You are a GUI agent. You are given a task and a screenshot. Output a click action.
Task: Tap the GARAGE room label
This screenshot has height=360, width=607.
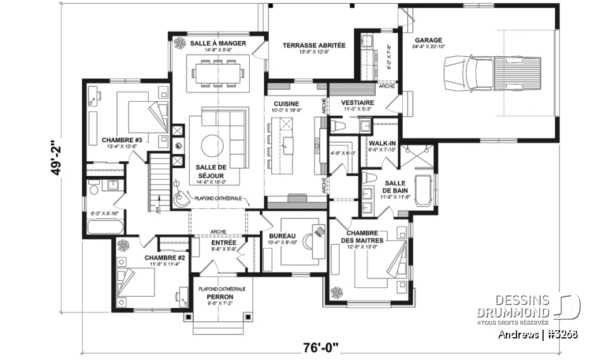[429, 40]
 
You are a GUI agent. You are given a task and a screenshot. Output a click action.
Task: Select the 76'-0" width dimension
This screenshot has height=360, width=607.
[321, 346]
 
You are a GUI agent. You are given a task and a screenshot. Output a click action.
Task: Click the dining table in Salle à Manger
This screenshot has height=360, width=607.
[218, 71]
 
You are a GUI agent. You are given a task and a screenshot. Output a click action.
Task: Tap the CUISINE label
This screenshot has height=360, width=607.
[286, 104]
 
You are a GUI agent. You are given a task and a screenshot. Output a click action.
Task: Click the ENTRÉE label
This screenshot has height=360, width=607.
[224, 242]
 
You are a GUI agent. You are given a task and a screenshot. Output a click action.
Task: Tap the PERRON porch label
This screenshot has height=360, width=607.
[221, 297]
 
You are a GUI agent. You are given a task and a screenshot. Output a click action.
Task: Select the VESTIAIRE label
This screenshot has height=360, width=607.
[357, 102]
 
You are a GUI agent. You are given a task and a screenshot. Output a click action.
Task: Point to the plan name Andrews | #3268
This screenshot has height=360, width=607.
[537, 335]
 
